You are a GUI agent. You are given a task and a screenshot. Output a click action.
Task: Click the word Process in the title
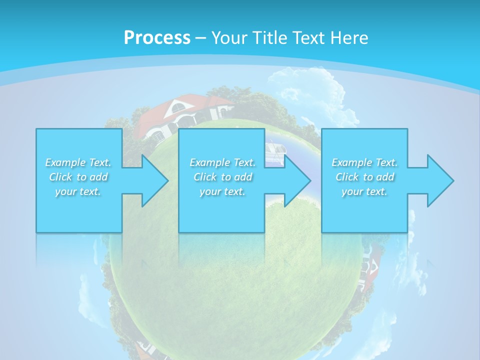[157, 37]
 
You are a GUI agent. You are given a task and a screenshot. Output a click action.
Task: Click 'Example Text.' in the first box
[78, 162]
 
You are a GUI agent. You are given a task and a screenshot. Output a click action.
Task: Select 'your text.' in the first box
[78, 191]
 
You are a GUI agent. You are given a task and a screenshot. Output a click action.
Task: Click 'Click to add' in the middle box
[222, 177]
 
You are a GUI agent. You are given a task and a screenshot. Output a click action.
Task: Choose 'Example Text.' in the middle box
[222, 162]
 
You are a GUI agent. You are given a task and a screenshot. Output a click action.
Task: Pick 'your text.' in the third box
[364, 191]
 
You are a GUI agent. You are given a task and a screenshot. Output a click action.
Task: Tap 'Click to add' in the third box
[364, 177]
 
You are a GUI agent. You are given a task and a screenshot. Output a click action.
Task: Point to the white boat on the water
[273, 150]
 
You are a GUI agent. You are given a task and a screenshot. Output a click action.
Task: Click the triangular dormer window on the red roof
[176, 106]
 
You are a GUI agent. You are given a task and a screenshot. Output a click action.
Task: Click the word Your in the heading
[230, 37]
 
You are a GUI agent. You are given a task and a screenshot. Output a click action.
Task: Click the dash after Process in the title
[201, 38]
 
